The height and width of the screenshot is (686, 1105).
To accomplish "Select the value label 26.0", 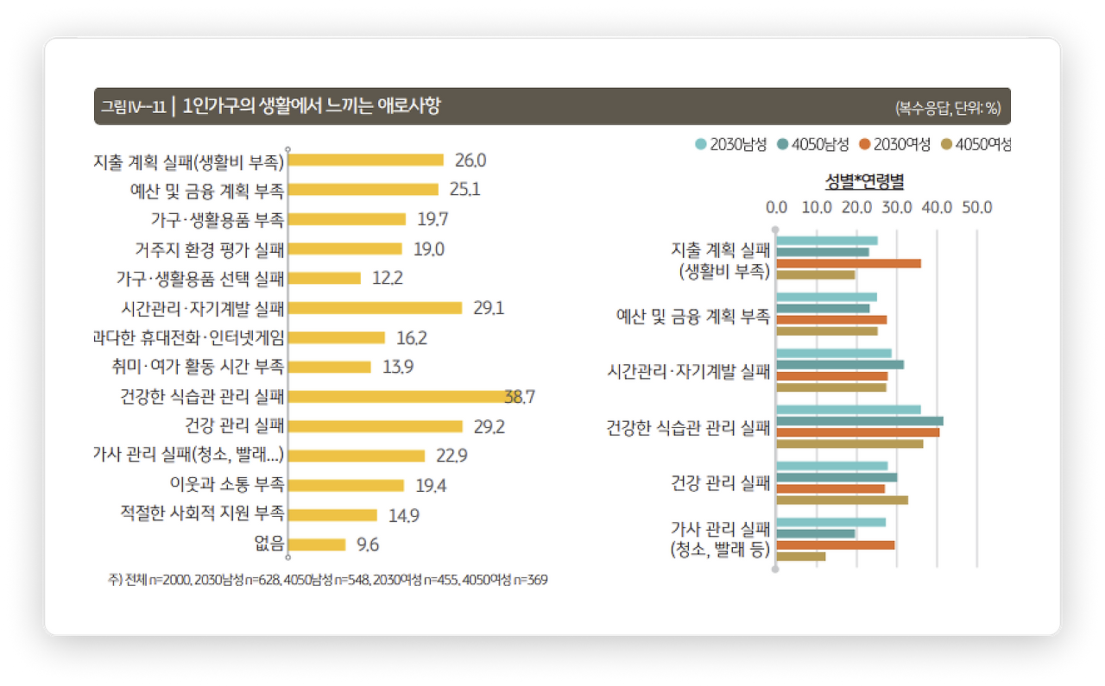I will click(470, 160).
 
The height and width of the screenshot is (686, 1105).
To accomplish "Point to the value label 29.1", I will click(489, 308).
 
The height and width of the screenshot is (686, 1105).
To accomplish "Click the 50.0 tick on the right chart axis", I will click(977, 207).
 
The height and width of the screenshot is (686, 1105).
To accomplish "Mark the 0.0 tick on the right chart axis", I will click(776, 207).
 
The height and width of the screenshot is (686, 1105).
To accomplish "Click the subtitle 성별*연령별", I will click(863, 181).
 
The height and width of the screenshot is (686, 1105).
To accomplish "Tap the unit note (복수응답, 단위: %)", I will click(947, 108).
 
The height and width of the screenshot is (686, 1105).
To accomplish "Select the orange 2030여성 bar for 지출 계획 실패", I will click(849, 263).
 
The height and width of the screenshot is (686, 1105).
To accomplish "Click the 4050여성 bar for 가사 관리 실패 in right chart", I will click(801, 556).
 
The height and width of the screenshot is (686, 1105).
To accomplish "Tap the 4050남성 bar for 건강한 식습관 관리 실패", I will click(860, 421).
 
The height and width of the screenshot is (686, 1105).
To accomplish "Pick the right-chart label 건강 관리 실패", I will click(720, 482).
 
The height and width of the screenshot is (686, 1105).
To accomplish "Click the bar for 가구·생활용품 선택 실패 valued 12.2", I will click(325, 278).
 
